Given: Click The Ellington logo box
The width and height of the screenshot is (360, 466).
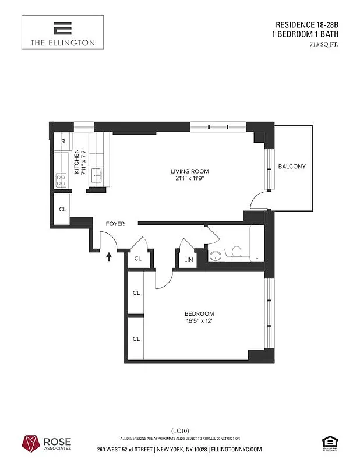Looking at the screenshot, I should pyautogui.click(x=62, y=32).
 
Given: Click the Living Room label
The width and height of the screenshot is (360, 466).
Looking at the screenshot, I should pyautogui.click(x=189, y=171).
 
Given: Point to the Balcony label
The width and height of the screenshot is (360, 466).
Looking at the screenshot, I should pyautogui.click(x=291, y=167).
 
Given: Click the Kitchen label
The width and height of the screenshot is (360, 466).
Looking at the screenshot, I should pyautogui.click(x=76, y=162).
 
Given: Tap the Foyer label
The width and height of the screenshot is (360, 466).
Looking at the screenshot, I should pyautogui.click(x=115, y=224).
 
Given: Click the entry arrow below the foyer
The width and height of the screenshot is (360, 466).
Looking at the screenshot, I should pyautogui.click(x=108, y=256).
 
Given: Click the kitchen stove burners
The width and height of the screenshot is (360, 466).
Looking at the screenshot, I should pyautogui.click(x=61, y=180).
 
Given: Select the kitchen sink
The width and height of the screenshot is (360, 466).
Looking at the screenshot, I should pyautogui.click(x=96, y=173).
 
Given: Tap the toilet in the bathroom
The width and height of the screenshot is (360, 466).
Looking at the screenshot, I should pyautogui.click(x=237, y=252).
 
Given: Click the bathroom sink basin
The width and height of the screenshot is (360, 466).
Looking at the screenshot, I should pyautogui.click(x=216, y=255).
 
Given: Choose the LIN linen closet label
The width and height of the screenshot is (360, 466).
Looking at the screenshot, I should pyautogui.click(x=189, y=260).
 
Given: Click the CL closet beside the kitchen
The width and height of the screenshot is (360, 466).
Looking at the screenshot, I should pyautogui.click(x=62, y=209).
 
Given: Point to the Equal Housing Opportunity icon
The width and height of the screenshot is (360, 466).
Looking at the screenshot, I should pyautogui.click(x=329, y=442).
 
